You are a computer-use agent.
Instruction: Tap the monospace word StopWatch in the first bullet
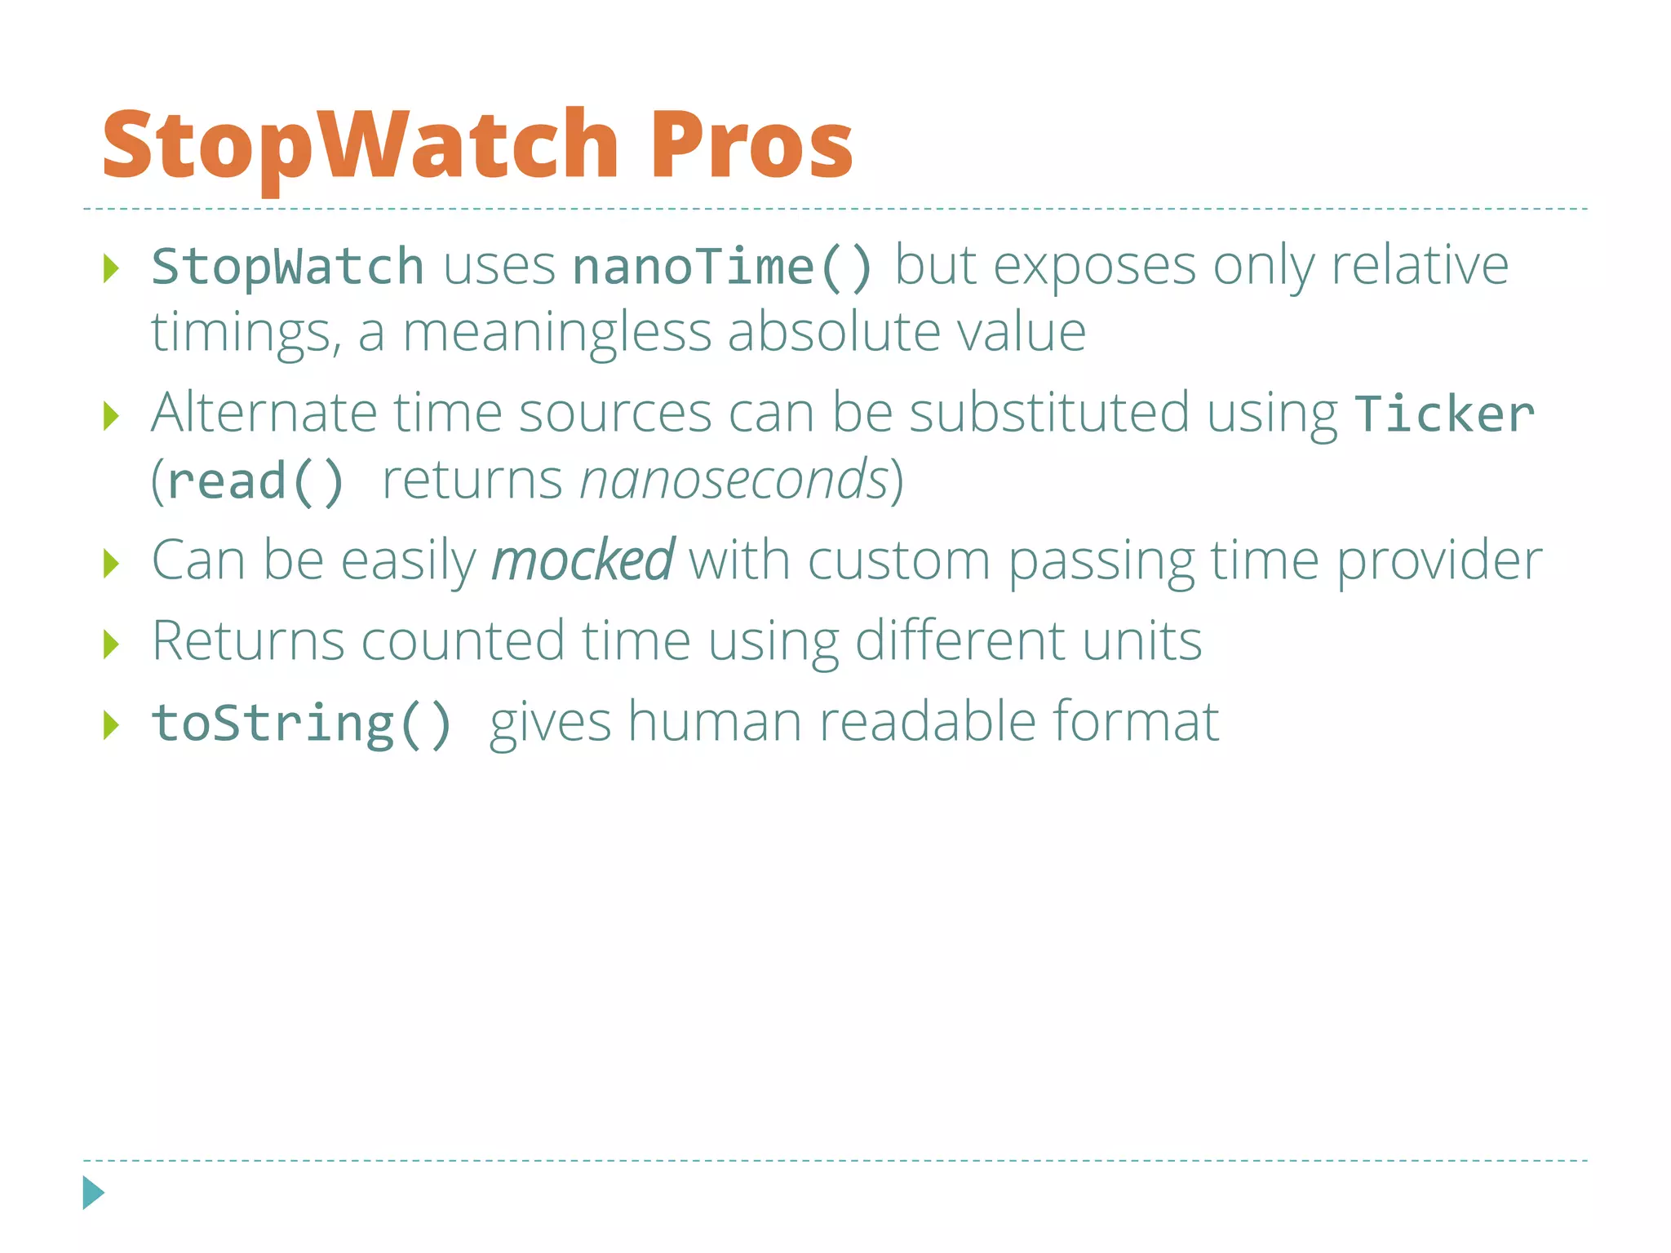coord(287,267)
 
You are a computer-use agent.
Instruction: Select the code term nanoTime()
coord(723,267)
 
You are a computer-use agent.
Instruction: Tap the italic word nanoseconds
coord(734,480)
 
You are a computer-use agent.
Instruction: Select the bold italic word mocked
coord(583,560)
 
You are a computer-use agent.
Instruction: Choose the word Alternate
coord(264,413)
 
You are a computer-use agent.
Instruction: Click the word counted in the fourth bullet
coord(462,640)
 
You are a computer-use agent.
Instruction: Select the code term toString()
coord(301,724)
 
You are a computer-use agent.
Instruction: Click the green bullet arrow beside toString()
coord(112,724)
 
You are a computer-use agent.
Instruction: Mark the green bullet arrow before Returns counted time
coord(112,644)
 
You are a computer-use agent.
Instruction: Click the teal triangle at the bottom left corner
coord(93,1193)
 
